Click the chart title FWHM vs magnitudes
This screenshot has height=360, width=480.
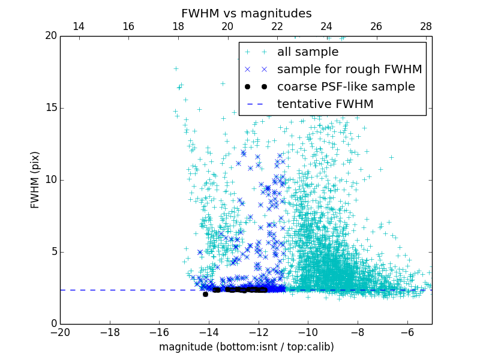point(246,13)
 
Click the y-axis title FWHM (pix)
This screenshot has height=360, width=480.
point(35,179)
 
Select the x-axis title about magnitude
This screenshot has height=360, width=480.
point(246,347)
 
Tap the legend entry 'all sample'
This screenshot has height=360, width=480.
point(307,52)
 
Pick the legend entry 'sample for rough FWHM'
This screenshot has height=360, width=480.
point(349,70)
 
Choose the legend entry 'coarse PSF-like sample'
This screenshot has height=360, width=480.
point(346,87)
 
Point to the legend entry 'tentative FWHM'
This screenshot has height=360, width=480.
point(325,104)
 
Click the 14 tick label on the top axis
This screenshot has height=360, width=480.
point(79,26)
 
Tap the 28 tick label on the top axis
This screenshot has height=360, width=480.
point(426,26)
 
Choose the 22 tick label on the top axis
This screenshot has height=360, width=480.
point(277,26)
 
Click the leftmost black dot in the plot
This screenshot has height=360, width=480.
point(205,294)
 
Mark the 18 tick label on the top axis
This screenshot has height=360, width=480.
point(178,26)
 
